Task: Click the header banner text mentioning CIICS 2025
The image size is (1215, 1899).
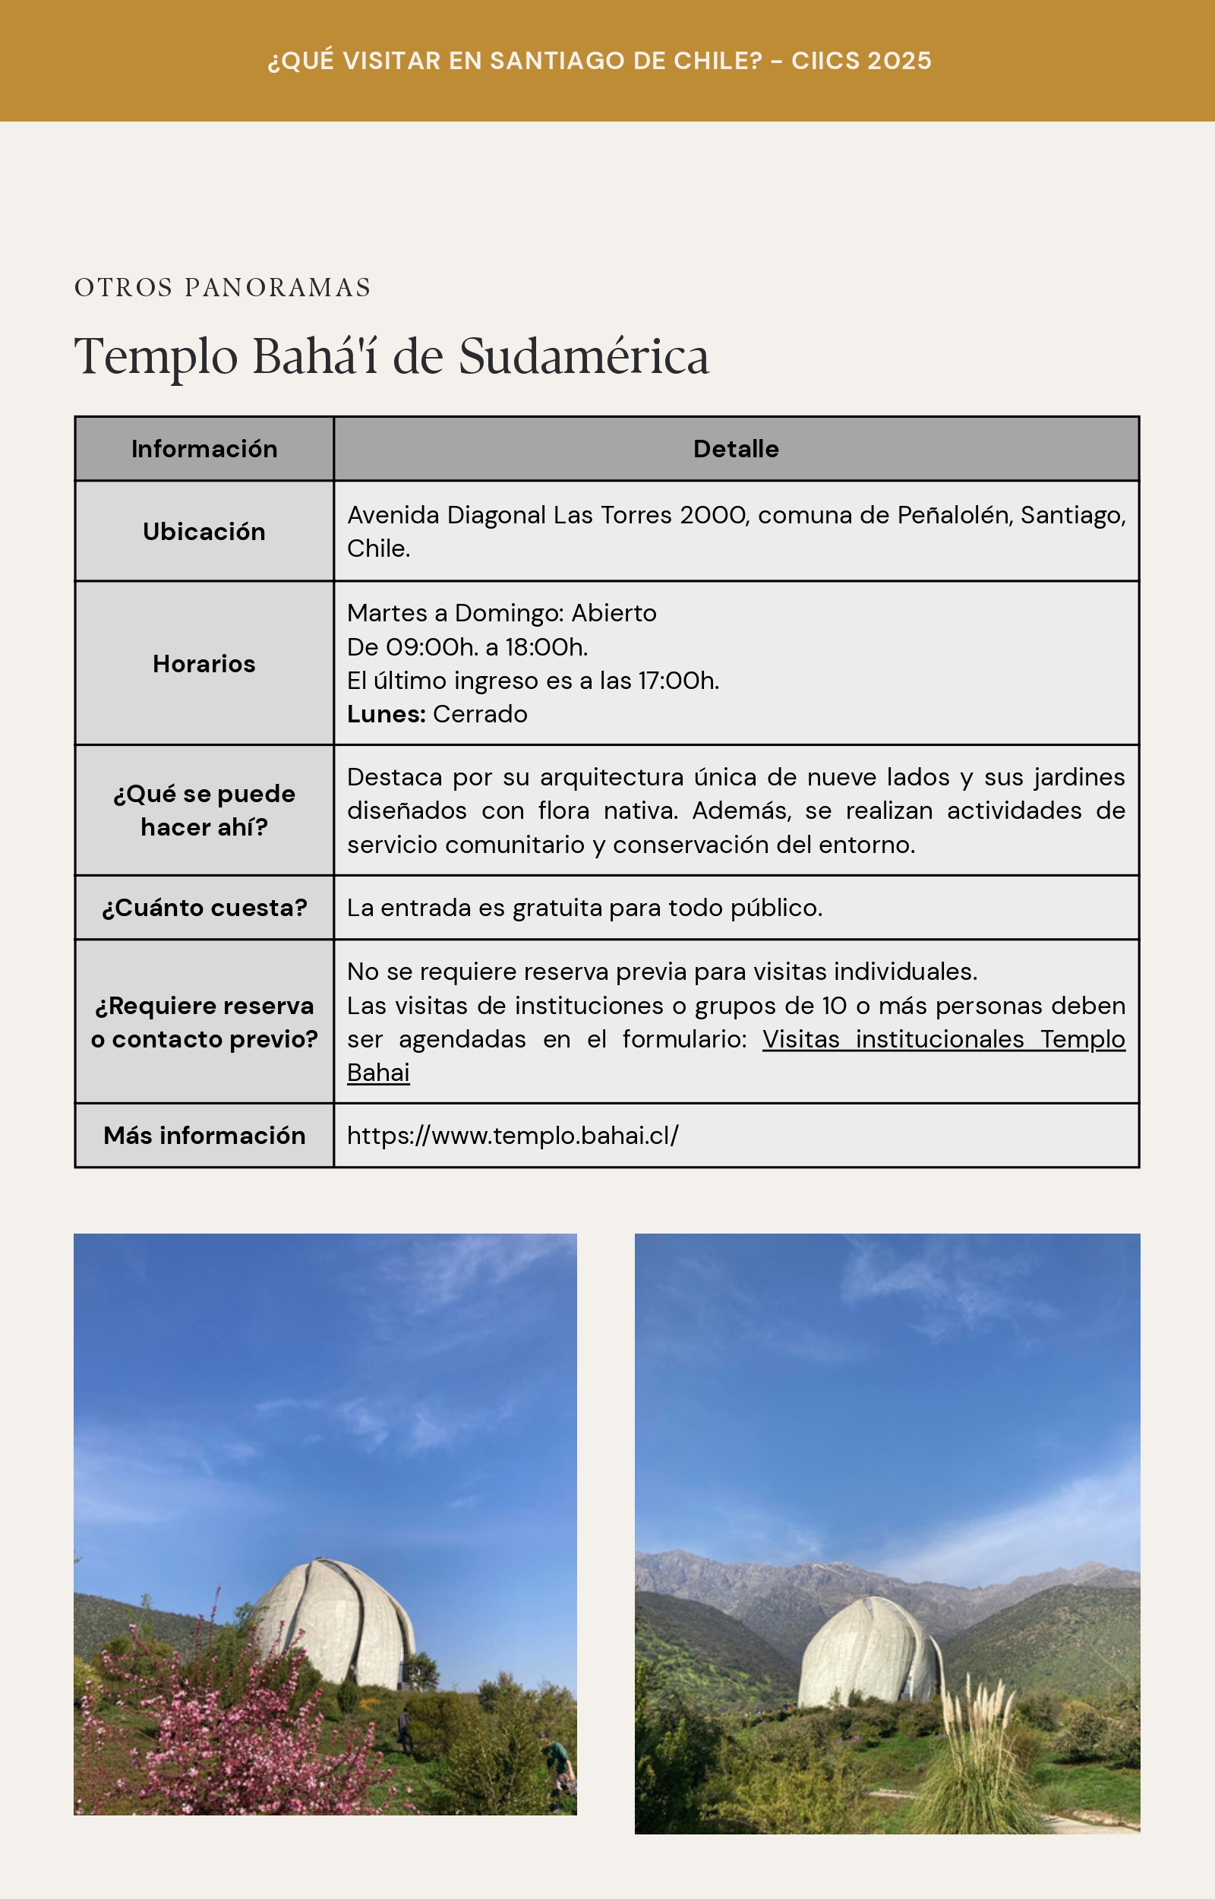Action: tap(600, 61)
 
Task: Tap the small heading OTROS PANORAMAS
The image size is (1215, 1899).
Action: tap(222, 287)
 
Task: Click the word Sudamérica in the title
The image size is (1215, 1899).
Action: tap(584, 356)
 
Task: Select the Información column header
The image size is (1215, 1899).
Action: tap(204, 449)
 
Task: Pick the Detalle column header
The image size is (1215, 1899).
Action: tap(735, 449)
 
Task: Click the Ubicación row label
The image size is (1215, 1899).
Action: tap(204, 532)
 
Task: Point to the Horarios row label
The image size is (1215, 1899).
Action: tap(204, 663)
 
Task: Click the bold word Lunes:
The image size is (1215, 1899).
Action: tap(386, 714)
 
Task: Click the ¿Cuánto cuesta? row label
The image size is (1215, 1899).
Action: tap(204, 908)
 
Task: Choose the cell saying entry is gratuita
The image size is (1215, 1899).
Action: tap(585, 908)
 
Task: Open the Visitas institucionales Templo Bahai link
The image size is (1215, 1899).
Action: tap(943, 1040)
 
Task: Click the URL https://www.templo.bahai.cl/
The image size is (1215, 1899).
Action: tap(513, 1136)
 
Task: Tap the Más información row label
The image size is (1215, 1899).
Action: tap(204, 1136)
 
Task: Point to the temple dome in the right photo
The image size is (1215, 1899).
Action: tap(868, 1653)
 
